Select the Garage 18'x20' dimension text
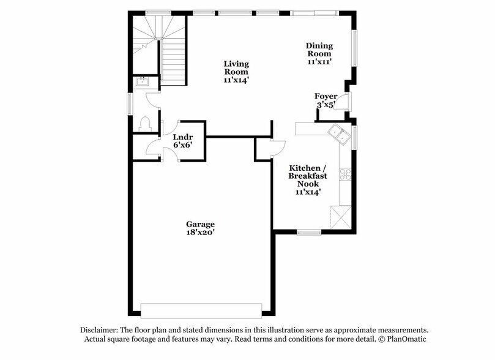(201, 232)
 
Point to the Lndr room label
(183, 137)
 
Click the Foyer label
(326, 96)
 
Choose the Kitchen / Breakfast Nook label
(308, 176)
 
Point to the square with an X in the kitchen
(340, 217)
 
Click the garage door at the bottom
(201, 307)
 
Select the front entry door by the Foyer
(346, 100)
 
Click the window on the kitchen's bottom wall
(309, 232)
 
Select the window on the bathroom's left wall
(129, 102)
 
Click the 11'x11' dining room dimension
(319, 61)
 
